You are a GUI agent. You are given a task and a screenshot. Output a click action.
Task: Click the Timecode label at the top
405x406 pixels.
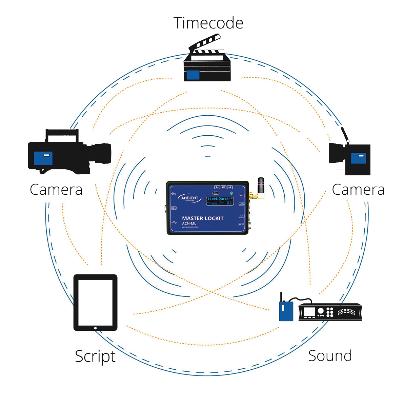(x=208, y=23)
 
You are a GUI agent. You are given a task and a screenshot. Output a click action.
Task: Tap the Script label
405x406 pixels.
(x=95, y=356)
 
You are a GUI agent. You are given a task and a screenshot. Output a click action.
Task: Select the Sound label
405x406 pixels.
(x=330, y=356)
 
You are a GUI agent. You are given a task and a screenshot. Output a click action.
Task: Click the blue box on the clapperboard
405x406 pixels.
(x=193, y=75)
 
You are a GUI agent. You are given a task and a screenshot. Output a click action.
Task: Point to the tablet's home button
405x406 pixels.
(x=95, y=328)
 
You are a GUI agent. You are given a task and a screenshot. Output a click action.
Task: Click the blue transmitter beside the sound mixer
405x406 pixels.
(x=286, y=311)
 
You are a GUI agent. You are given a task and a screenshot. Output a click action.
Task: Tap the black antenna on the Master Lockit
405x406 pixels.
(x=261, y=185)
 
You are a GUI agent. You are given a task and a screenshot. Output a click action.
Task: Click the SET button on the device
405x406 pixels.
(x=223, y=187)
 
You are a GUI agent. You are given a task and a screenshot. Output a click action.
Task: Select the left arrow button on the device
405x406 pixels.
(x=217, y=187)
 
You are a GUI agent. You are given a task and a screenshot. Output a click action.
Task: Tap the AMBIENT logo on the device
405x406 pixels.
(x=189, y=198)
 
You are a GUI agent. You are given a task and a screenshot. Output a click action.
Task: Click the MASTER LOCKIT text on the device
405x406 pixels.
(x=203, y=218)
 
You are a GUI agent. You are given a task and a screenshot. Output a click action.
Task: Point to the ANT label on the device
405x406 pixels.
(x=241, y=196)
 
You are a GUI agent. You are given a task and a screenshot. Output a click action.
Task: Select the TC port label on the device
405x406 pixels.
(x=241, y=216)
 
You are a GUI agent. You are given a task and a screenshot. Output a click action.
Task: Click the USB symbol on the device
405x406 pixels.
(x=174, y=223)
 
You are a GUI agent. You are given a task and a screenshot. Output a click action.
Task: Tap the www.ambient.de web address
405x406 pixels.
(x=190, y=227)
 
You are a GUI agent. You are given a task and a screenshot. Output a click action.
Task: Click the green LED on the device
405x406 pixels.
(x=231, y=193)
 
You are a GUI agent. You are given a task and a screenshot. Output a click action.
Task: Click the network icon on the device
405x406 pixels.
(x=174, y=194)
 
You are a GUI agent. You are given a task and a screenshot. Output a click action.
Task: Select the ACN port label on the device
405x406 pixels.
(x=241, y=204)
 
